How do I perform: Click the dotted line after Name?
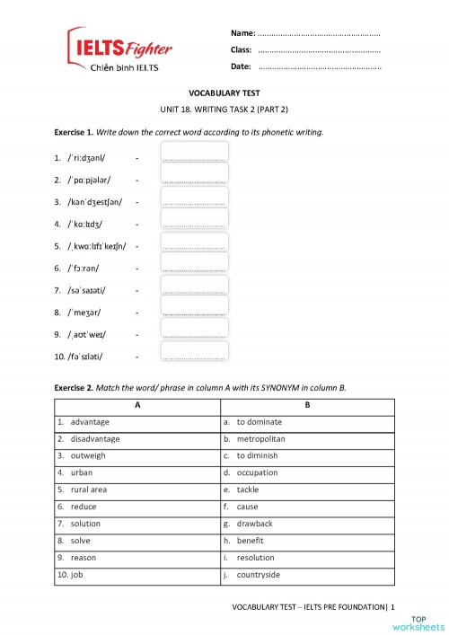coord(319,33)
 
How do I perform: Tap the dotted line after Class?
coord(319,50)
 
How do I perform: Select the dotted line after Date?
coord(319,67)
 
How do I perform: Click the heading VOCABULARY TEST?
coord(224,92)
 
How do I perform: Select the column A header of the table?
coord(137,405)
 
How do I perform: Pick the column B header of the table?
coord(307,405)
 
